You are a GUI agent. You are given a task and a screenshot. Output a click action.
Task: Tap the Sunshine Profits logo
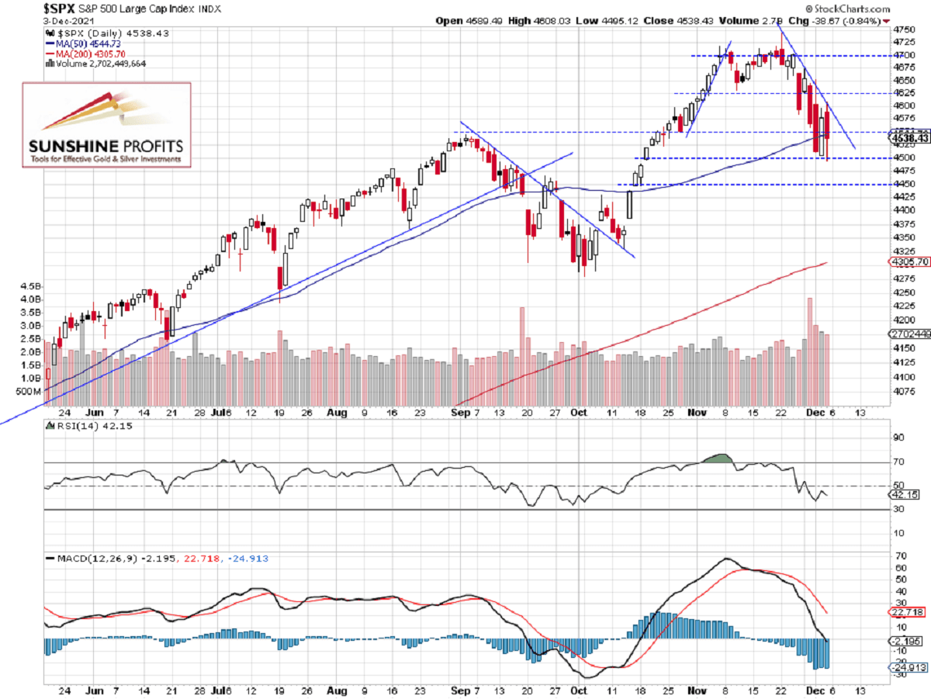pos(106,125)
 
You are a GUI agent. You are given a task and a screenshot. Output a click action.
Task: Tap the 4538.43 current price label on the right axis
pos(909,139)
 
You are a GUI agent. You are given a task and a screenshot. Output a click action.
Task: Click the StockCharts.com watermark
pos(891,8)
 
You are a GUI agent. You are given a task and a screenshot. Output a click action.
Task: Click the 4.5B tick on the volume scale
pos(28,285)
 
